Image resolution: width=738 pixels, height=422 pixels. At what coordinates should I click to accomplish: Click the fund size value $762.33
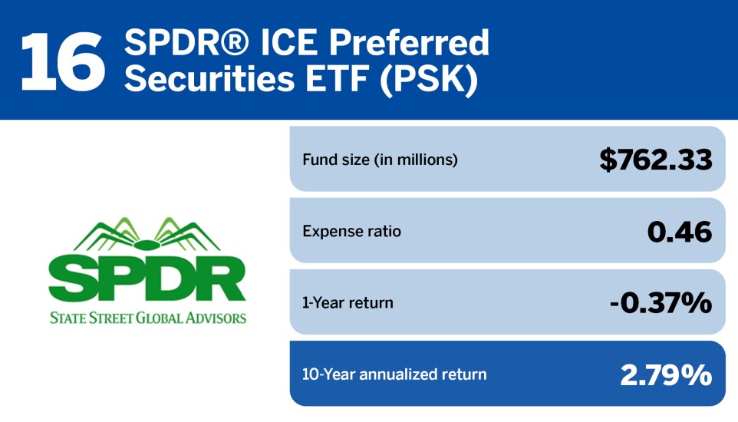(656, 160)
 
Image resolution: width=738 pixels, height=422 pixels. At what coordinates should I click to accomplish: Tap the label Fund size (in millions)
(380, 160)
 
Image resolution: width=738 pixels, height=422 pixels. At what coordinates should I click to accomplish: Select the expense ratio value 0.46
(680, 231)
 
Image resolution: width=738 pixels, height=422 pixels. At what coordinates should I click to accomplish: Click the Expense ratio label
(351, 231)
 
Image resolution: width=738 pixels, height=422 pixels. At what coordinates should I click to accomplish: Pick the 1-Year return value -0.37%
(661, 302)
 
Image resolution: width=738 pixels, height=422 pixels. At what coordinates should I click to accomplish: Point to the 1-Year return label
(348, 302)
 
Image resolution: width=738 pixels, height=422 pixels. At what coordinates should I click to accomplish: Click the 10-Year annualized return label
(394, 374)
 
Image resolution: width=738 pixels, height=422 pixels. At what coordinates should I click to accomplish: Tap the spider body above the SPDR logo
(147, 244)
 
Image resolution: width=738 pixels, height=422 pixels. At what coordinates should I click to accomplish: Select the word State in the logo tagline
(67, 317)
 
